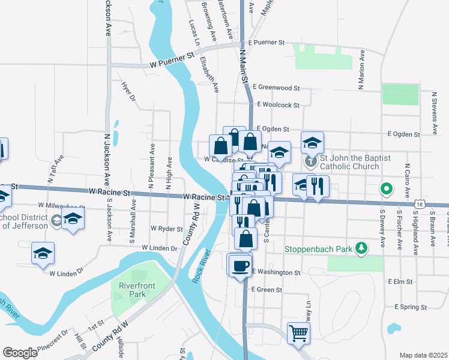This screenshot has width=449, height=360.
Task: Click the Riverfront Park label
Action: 133,290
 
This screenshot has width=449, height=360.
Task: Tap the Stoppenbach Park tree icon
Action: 361,248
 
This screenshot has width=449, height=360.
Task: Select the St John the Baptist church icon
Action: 310,161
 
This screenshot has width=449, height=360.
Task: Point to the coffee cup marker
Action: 240,265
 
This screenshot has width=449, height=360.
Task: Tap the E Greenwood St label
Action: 276,88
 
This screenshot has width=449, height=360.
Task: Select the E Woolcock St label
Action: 278,105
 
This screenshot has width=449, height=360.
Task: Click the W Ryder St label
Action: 167,229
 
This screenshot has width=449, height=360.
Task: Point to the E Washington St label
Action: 276,272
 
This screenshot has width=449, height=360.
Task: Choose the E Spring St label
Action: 411,307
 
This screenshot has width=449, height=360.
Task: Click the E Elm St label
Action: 400,281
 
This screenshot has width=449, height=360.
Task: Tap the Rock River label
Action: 202,265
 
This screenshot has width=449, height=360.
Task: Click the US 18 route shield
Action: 418,205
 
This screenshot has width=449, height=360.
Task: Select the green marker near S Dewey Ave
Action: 387,190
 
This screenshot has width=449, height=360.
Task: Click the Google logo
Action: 20,352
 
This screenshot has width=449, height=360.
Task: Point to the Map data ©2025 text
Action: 423,355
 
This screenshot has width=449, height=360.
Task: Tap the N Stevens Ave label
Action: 434,113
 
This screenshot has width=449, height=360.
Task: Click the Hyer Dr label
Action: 129,92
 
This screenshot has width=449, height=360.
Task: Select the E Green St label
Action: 267,290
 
